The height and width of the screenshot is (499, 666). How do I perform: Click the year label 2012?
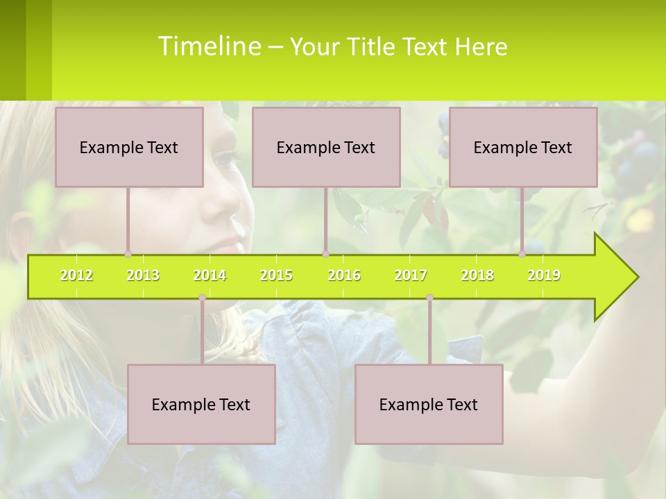pos(76,275)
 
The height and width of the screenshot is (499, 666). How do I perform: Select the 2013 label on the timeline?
pos(143,275)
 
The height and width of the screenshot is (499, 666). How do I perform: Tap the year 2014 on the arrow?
pos(210,275)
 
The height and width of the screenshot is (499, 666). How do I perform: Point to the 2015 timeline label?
pos(276,275)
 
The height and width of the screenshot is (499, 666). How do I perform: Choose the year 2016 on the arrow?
pos(344,275)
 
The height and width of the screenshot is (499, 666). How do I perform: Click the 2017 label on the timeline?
pos(411,275)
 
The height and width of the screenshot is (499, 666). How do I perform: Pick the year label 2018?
pos(477,275)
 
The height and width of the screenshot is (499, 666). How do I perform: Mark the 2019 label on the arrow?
pos(544,275)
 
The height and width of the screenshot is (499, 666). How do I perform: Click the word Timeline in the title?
pos(208,46)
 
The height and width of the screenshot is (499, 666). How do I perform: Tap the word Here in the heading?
pos(481,47)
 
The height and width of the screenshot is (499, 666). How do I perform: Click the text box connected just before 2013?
pos(129,147)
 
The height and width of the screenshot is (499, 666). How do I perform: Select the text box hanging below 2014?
pos(201,404)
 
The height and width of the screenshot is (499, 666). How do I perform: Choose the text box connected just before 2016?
pos(326,147)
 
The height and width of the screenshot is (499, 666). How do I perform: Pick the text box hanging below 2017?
pos(429,404)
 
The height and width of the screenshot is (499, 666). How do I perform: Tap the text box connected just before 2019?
pos(523,147)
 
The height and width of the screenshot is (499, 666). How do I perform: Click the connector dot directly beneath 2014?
pos(202,298)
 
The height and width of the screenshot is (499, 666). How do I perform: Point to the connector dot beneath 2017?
pos(429,298)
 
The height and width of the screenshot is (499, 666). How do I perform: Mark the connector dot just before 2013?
pos(128,254)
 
